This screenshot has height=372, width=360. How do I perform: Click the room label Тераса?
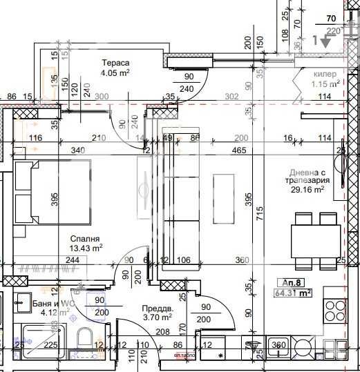coord(115,62)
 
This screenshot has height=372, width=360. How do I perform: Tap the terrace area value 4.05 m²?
coord(115,72)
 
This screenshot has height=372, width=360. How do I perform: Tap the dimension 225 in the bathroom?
coord(50,346)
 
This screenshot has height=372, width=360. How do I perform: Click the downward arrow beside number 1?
coord(325,42)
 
